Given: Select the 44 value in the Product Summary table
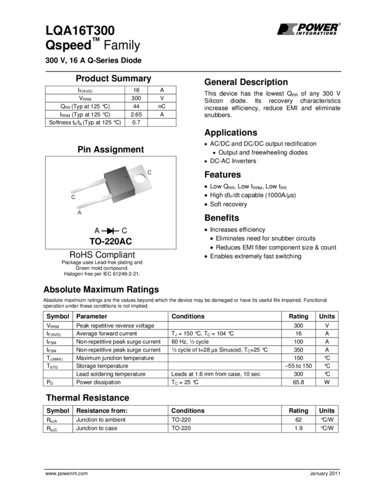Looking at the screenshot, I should tap(136, 106).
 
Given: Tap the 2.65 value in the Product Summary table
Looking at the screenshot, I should tap(136, 114).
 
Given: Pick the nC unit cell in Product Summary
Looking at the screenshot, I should tap(162, 106).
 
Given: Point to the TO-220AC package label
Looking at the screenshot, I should tap(110, 241).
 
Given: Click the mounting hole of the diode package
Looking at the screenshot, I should tap(140, 174).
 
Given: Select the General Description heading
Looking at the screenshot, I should tap(246, 82).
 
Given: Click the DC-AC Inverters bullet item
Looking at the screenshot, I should tap(233, 161).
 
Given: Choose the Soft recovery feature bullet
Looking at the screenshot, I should tap(228, 204).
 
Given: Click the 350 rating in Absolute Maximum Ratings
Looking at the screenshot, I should tap(298, 349).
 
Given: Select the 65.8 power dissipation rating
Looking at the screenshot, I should tap(298, 382).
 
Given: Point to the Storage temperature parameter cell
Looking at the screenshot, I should tap(100, 366).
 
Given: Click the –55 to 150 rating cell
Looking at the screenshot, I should tap(298, 366).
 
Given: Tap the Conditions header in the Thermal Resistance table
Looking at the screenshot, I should tap(188, 411).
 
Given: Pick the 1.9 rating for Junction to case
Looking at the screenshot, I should tap(298, 429).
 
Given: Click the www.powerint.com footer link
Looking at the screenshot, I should tap(66, 473).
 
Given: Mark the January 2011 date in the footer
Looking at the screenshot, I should tap(324, 473).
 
